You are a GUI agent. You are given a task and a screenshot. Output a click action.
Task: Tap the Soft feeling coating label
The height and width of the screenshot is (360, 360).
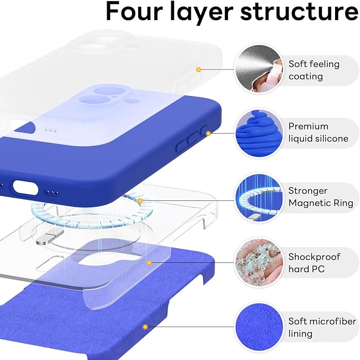(313, 70)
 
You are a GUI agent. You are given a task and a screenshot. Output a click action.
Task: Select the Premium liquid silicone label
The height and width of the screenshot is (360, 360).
(318, 133)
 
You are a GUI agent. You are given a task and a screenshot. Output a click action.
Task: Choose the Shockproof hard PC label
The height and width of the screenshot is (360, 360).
(314, 263)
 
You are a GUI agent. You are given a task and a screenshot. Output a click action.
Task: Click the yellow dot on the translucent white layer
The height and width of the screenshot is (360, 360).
(198, 69)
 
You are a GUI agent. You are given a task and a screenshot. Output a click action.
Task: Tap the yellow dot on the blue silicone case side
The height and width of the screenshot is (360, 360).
(208, 133)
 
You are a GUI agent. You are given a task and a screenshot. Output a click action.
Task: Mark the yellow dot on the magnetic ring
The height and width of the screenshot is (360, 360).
(140, 201)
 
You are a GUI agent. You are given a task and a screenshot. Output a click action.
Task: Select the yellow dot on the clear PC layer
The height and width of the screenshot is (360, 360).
(150, 262)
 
